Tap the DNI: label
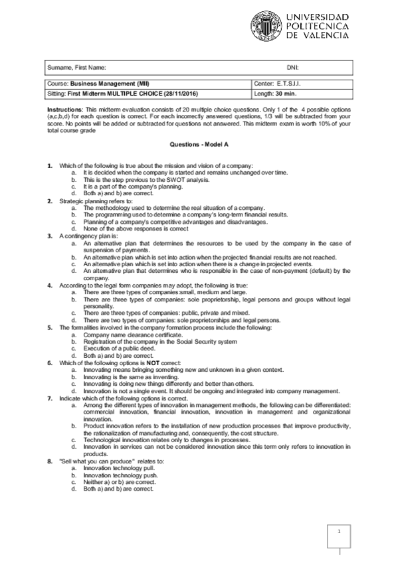pos(292,68)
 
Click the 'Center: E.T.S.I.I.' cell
pos(279,85)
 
